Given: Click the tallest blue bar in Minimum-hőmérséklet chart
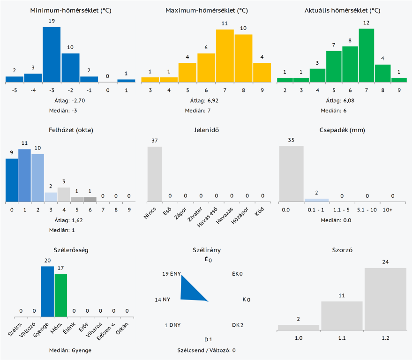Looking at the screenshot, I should tap(52, 54).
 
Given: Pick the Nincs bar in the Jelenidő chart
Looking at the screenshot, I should tap(155, 174).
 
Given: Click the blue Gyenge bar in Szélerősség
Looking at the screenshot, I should tap(47, 292).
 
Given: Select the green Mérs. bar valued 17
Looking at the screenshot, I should tap(61, 295).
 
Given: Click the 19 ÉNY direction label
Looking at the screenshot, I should tap(171, 274).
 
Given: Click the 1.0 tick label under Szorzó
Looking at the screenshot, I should tap(298, 337).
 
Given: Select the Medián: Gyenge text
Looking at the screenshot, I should tap(70, 350).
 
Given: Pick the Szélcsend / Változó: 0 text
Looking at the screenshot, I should tap(206, 350).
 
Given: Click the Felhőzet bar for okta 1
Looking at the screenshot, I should tap(24, 175).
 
